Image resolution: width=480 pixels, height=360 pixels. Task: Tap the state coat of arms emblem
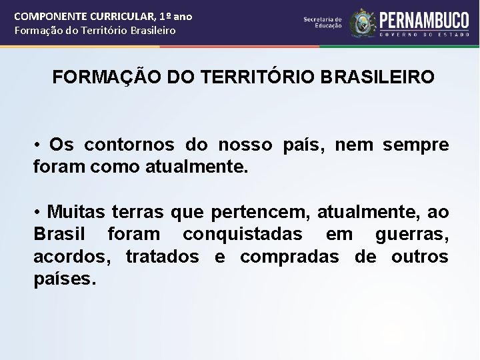[x=363, y=22]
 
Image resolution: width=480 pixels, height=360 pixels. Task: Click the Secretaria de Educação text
[x=323, y=23]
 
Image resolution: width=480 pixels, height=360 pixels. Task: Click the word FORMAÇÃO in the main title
[x=102, y=77]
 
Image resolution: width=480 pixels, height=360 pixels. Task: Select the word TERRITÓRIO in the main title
[x=249, y=77]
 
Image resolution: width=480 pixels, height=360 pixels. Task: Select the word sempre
[x=417, y=145]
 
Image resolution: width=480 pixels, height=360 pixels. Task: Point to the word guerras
[x=412, y=235]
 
